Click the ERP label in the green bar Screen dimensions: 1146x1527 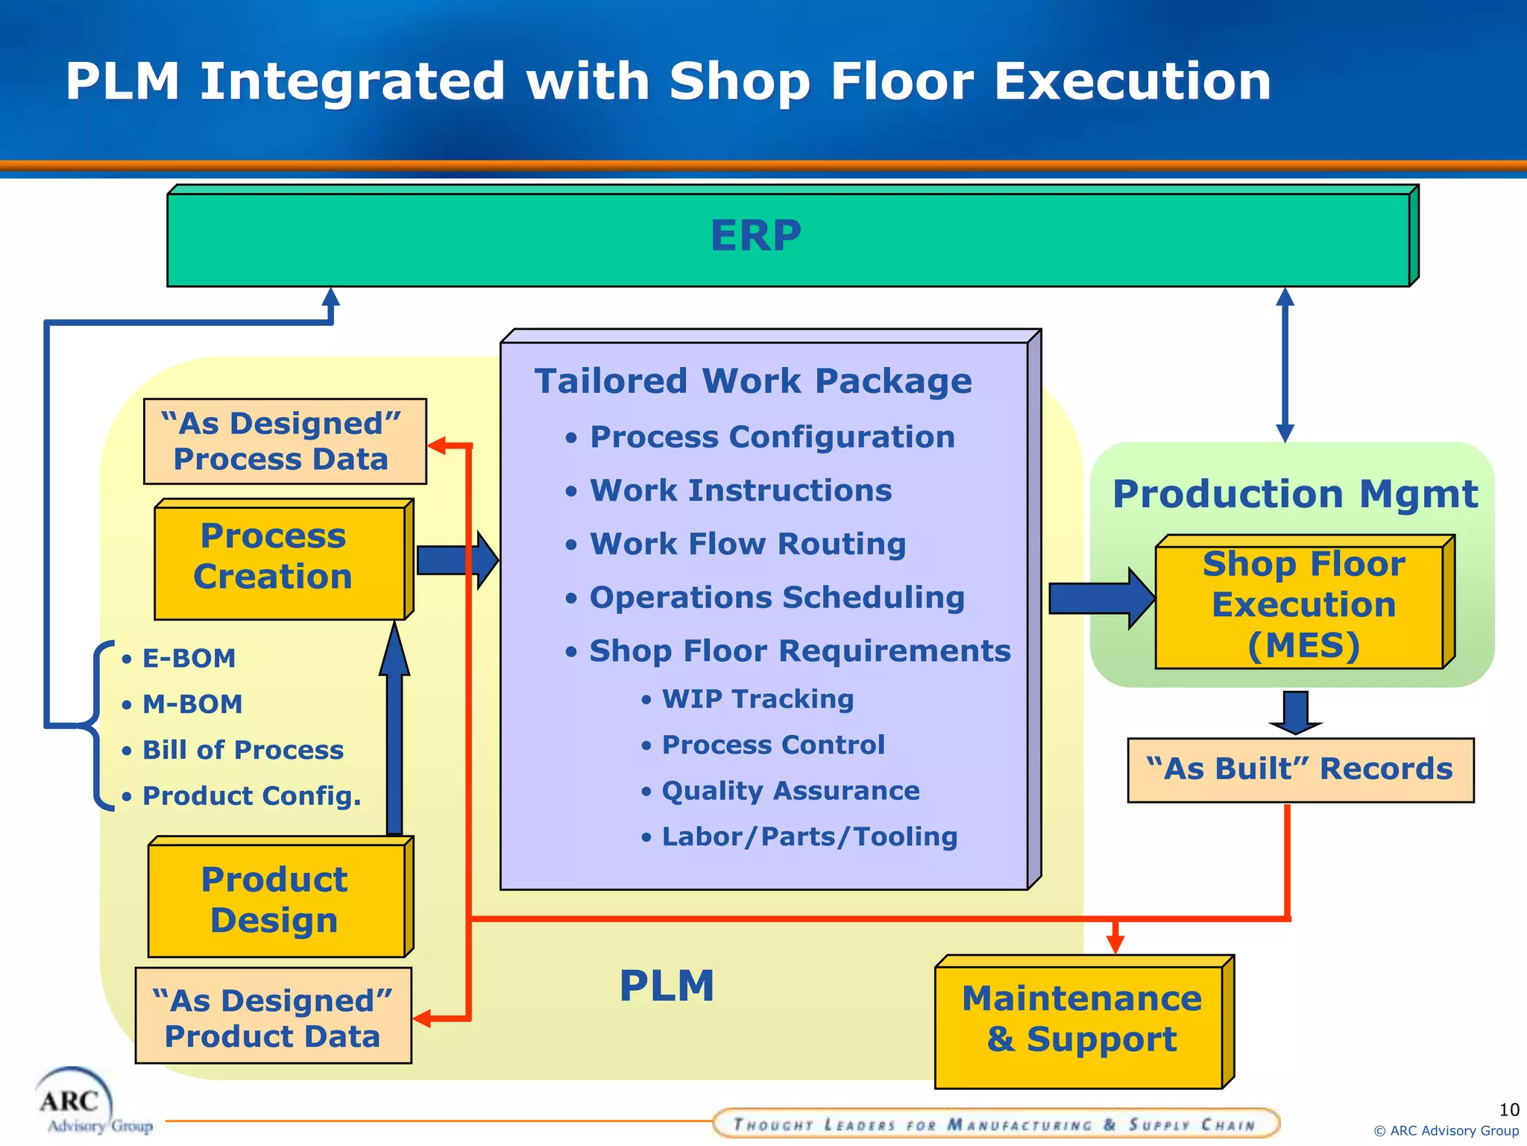[755, 236]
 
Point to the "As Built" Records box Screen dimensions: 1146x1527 [1300, 769]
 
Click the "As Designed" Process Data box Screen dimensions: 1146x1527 [283, 441]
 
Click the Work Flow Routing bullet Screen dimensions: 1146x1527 [747, 544]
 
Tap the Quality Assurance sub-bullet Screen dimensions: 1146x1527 [790, 791]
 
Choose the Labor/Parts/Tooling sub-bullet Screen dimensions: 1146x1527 [809, 837]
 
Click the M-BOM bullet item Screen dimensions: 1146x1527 [192, 704]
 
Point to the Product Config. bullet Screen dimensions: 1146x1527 [251, 796]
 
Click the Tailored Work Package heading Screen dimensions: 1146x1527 [753, 381]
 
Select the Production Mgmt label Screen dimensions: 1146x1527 [1294, 494]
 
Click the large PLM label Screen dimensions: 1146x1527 [667, 986]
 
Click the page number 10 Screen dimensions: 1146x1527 [1508, 1109]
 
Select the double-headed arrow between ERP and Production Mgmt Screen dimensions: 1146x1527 [1285, 366]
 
